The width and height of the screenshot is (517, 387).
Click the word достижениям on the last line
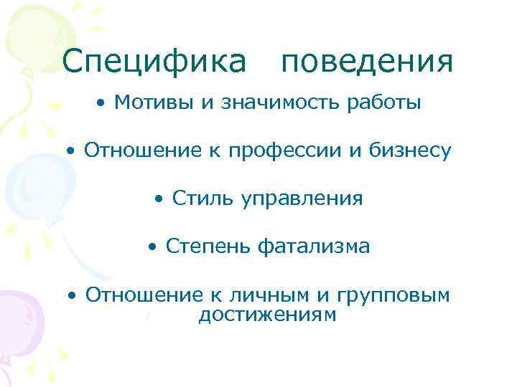click(x=266, y=315)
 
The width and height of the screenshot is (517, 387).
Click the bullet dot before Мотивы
click(x=104, y=104)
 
